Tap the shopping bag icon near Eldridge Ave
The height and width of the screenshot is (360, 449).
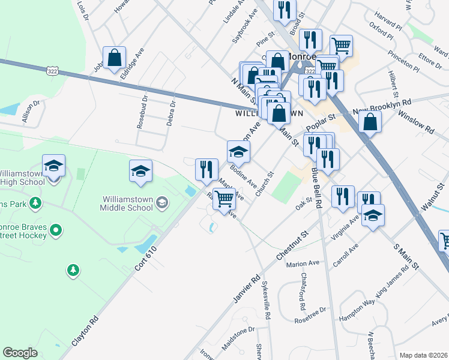pos(114,58)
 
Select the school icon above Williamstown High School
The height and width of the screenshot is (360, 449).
pos(53,166)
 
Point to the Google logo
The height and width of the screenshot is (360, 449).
pos(20,353)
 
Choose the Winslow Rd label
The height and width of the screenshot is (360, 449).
pos(415,124)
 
